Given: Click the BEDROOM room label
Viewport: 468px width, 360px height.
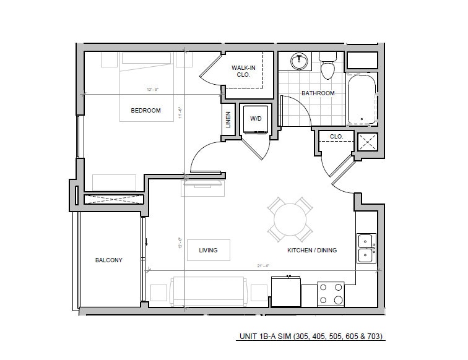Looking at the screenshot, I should coord(145,111).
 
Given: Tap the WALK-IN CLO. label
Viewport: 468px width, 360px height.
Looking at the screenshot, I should coord(241,71).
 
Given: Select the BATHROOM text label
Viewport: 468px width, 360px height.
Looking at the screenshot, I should coord(318,93).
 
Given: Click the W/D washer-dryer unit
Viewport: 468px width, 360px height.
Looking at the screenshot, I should coord(255,119).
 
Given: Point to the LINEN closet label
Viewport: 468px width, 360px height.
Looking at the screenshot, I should coord(228,118).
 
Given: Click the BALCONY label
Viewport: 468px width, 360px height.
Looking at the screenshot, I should coord(108,260).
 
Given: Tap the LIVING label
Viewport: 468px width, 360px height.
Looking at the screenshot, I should coord(208,251).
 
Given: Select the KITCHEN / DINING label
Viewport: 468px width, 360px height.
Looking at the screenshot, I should coord(312,251).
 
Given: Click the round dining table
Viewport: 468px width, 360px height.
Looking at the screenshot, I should coord(290,219).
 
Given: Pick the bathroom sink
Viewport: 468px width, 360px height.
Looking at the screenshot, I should coord(300,61).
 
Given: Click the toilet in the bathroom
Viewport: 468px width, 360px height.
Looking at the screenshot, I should coord(327,66).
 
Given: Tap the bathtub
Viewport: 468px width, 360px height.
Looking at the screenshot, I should coord(361,99).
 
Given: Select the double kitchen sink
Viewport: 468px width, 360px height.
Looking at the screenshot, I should coord(366,247).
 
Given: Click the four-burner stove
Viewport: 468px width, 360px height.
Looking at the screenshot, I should coord(331,294).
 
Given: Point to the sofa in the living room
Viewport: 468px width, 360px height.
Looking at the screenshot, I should coord(209,289).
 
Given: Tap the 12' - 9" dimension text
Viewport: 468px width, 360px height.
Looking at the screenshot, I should coord(152,90).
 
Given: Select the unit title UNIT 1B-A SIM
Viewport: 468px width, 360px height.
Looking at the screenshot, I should coord(311,337).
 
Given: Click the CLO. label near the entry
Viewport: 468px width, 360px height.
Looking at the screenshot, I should coord(336,136).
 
